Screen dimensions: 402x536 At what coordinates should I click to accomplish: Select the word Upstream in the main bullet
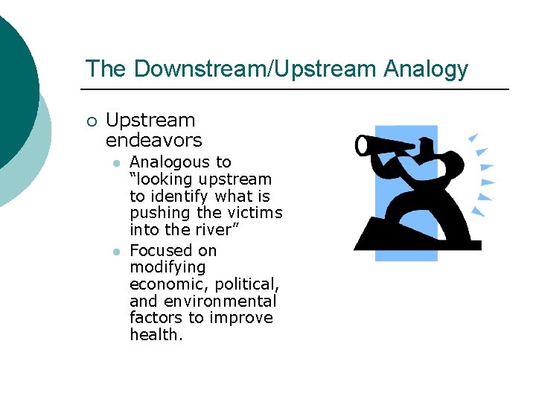[x=150, y=121]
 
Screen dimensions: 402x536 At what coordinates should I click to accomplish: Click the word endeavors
[x=153, y=140]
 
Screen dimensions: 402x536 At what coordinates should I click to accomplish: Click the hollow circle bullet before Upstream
[x=91, y=121]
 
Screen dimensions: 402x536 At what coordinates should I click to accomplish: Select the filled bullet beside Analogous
[x=116, y=163]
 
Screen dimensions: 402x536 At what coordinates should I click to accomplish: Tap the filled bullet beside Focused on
[x=116, y=251]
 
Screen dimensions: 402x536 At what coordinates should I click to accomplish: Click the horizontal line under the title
[x=298, y=89]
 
